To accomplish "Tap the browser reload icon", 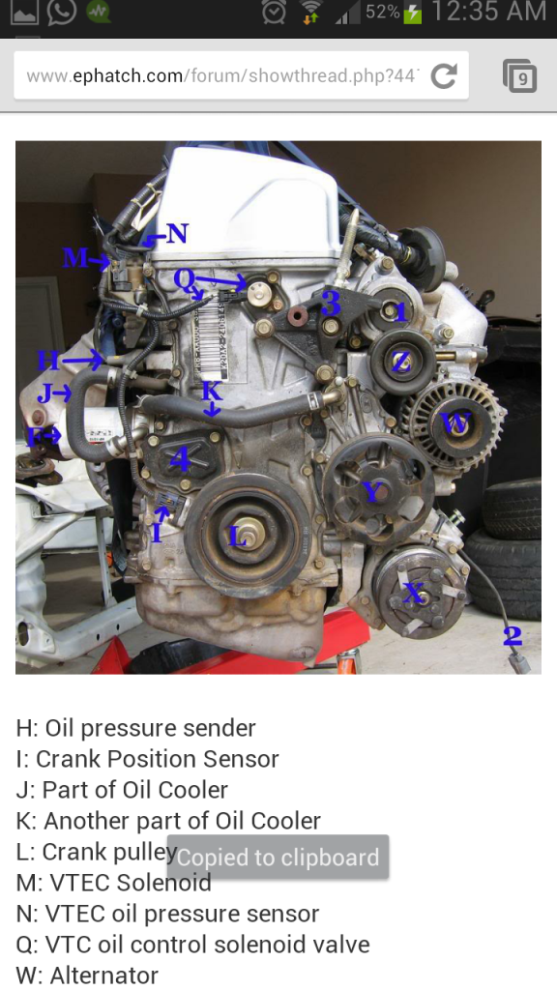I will pyautogui.click(x=444, y=75).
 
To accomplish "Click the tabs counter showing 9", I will pyautogui.click(x=520, y=75).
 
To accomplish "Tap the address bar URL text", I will pyautogui.click(x=221, y=75).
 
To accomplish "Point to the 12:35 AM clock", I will pyautogui.click(x=489, y=13).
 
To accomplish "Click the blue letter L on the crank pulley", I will pyautogui.click(x=238, y=536).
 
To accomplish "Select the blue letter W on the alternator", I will pyautogui.click(x=454, y=422).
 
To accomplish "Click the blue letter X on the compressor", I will pyautogui.click(x=414, y=593).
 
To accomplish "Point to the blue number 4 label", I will pyautogui.click(x=180, y=459).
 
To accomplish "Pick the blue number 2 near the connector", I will pyautogui.click(x=513, y=635).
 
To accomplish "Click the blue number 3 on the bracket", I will pyautogui.click(x=331, y=304).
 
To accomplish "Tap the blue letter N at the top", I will pyautogui.click(x=177, y=233).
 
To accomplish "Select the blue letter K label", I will pyautogui.click(x=211, y=391).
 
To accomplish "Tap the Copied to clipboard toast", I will pyautogui.click(x=278, y=858).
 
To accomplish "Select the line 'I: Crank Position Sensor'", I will pyautogui.click(x=147, y=759).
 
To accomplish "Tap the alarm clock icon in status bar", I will pyautogui.click(x=274, y=13).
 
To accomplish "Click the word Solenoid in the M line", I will pyautogui.click(x=163, y=883).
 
